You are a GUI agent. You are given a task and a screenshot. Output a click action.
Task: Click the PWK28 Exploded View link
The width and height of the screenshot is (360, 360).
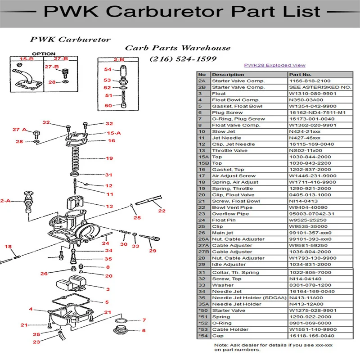(x=274, y=65)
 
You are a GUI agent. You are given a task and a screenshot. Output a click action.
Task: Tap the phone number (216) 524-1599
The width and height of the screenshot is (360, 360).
(x=183, y=59)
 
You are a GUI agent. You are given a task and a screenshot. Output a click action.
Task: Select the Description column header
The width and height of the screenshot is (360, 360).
(x=228, y=74)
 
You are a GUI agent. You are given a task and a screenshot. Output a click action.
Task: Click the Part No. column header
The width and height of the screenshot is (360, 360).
(x=300, y=74)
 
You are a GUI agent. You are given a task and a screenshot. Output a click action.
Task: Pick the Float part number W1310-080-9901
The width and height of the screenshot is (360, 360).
(x=312, y=94)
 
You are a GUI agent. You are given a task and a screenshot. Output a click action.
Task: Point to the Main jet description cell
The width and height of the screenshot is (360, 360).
(x=223, y=233)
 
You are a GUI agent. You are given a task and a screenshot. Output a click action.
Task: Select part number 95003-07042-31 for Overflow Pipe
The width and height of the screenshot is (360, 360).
(x=312, y=214)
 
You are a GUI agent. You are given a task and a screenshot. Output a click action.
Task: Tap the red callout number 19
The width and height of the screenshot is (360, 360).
(x=109, y=158)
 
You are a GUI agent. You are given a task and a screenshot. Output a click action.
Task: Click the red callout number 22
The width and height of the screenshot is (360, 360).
(x=162, y=210)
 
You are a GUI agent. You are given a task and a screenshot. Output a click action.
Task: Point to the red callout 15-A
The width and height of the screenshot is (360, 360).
(x=113, y=133)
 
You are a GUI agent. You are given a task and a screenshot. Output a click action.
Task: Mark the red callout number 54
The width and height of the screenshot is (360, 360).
(x=108, y=69)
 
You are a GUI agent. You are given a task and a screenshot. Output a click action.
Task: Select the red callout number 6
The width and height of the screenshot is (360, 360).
(x=144, y=330)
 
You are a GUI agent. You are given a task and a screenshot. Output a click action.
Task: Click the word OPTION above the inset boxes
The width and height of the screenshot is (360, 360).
(x=44, y=54)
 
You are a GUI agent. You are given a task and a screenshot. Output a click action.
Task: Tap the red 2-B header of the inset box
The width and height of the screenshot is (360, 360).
(x=119, y=59)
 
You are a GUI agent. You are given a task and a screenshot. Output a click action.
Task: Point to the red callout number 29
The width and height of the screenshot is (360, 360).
(x=153, y=251)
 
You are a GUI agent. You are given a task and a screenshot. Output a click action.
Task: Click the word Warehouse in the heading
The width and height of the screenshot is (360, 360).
(x=207, y=48)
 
